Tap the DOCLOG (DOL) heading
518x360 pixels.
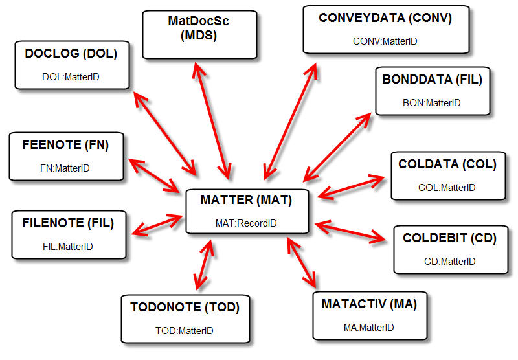tap(71, 54)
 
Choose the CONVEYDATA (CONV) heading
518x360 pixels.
tap(385, 18)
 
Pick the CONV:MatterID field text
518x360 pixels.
tap(385, 41)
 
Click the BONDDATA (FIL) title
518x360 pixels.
tap(432, 80)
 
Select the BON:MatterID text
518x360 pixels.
tap(431, 102)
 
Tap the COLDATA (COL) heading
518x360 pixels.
tap(447, 164)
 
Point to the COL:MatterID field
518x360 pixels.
tap(447, 188)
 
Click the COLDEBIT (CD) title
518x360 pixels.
tap(449, 238)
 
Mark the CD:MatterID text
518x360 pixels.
tap(449, 262)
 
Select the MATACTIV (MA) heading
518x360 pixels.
tap(368, 304)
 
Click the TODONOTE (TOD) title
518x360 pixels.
tap(185, 308)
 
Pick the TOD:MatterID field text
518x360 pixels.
tap(185, 331)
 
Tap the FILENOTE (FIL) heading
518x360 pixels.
tap(68, 223)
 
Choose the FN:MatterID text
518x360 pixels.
tap(65, 168)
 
